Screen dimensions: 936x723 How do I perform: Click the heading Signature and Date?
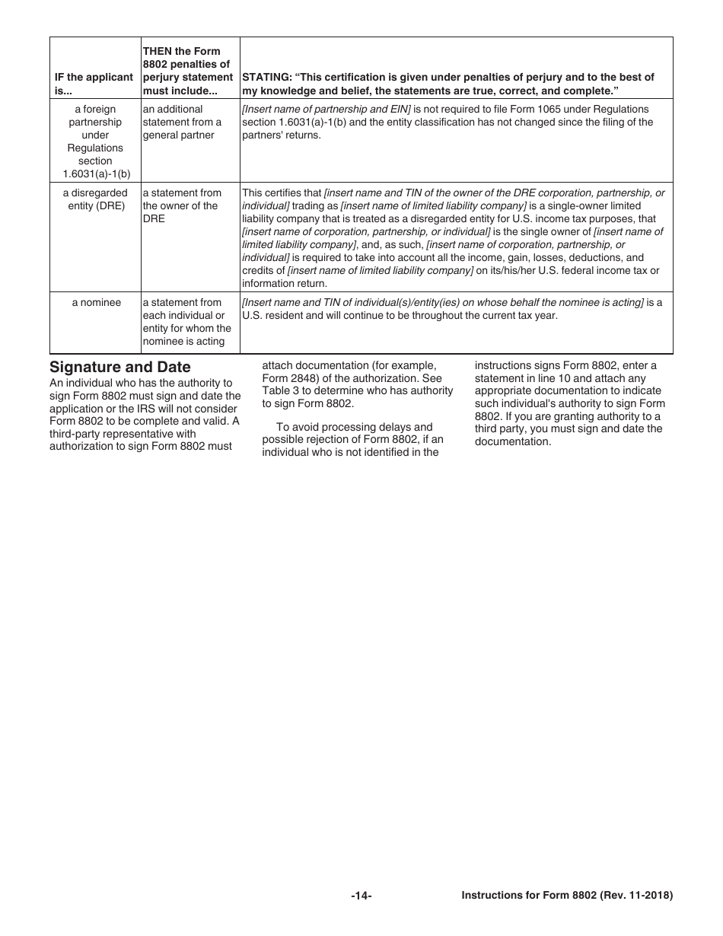coord(120,368)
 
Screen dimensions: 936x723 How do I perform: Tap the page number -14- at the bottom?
coord(361,896)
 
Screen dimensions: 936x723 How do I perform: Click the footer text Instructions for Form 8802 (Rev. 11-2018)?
coord(567,896)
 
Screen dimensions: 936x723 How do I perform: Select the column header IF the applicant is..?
coord(94,84)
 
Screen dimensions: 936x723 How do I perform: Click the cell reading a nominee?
coord(97,303)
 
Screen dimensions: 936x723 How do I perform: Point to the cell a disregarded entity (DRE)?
coord(95,199)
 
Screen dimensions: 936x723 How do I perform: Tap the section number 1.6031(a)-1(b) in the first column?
coord(96,174)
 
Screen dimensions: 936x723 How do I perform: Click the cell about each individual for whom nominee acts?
coord(187,322)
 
